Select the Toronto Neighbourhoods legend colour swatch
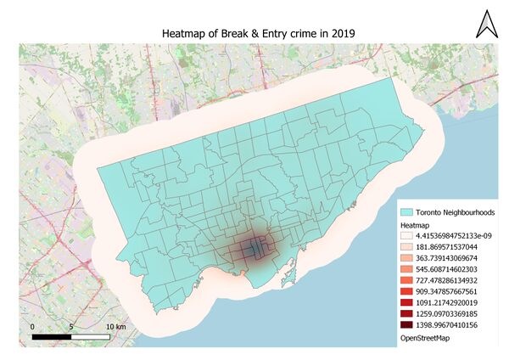406,212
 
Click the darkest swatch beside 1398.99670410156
406,325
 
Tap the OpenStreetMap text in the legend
428,339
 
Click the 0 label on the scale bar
32,326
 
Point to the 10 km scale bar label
115,326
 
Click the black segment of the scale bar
52,337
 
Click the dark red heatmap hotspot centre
255,249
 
